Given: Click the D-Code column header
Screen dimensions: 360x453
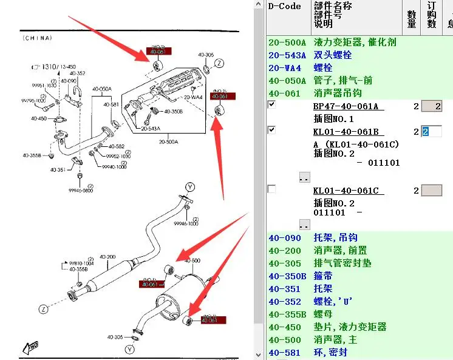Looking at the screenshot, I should coord(285,7).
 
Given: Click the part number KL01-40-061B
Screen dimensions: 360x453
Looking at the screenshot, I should coord(348,132).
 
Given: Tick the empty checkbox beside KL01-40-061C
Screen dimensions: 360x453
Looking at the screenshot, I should coord(271,189).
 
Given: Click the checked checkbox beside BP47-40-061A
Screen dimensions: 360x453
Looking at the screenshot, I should coord(271,105).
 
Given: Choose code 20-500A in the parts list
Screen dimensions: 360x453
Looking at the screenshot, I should coord(287,42).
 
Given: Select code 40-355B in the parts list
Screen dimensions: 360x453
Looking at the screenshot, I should coord(287,314).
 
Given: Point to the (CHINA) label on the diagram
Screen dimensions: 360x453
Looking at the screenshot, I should coord(37,38).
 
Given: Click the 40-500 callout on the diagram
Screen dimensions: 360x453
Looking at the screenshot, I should coord(192,260).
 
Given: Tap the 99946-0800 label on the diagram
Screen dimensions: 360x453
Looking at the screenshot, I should coord(80,190).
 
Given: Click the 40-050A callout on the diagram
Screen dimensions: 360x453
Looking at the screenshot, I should coord(102,89).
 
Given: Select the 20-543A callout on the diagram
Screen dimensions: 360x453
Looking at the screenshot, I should coord(152,129).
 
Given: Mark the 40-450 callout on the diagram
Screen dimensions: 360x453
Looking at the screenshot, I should coord(39,118).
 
